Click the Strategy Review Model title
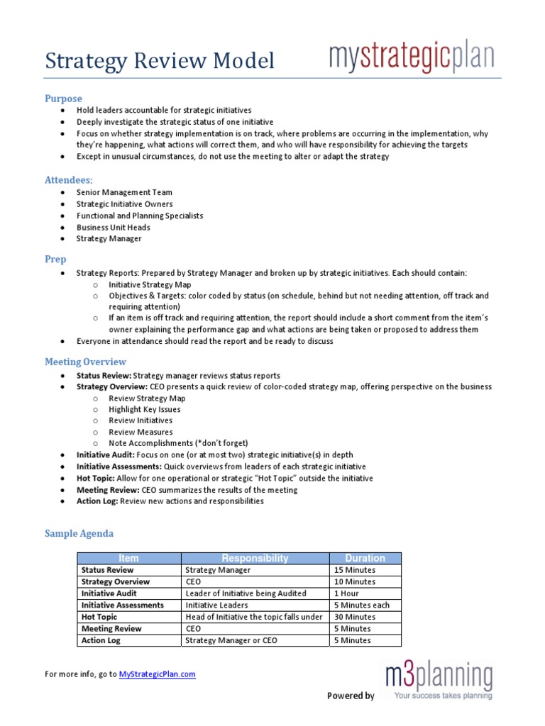tap(160, 62)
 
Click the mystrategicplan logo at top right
tap(411, 57)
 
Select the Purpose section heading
tap(63, 99)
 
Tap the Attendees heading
tap(68, 180)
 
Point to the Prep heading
tap(56, 260)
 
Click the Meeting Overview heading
tap(85, 362)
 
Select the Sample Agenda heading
tap(79, 533)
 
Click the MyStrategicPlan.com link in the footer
tap(157, 674)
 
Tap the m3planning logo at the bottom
tap(439, 681)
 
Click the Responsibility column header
tap(255, 559)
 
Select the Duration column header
tap(365, 559)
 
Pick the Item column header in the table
tap(129, 559)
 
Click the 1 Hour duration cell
tap(346, 593)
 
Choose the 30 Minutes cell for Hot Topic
tap(354, 617)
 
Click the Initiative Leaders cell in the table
tap(216, 605)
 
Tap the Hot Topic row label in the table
tap(101, 617)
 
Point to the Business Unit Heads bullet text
tap(113, 228)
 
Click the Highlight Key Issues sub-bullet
tap(144, 409)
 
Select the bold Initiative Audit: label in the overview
tap(106, 455)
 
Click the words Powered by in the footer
tap(351, 696)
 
